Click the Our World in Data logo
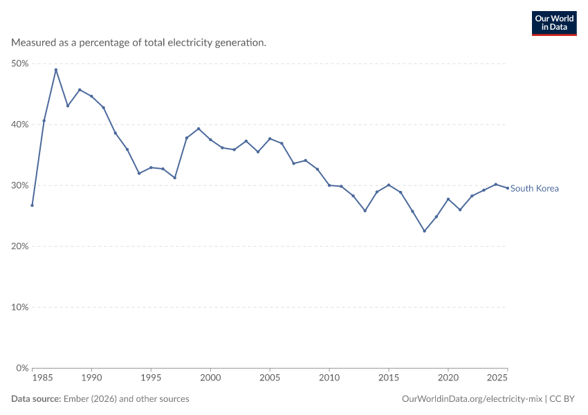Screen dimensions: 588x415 (554, 24)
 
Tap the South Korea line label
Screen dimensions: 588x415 (534, 188)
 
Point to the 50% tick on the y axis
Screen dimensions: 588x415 (20, 64)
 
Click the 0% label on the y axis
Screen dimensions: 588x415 (23, 368)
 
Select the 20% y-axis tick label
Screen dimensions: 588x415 (20, 246)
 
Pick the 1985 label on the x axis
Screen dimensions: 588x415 (42, 378)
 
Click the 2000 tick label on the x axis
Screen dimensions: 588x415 (210, 378)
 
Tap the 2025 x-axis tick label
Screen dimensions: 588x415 (497, 378)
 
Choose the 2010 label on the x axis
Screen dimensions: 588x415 (329, 378)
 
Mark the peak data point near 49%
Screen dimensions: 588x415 (56, 70)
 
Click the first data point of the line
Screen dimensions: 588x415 (33, 205)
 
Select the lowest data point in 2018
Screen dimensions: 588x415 (425, 231)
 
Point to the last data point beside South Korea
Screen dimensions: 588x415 (508, 188)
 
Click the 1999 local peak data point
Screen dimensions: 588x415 (199, 129)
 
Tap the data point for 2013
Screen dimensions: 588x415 (365, 211)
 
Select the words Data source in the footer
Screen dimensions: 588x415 (36, 399)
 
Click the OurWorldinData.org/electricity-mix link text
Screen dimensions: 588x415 (472, 399)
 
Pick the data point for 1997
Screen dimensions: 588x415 (175, 178)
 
